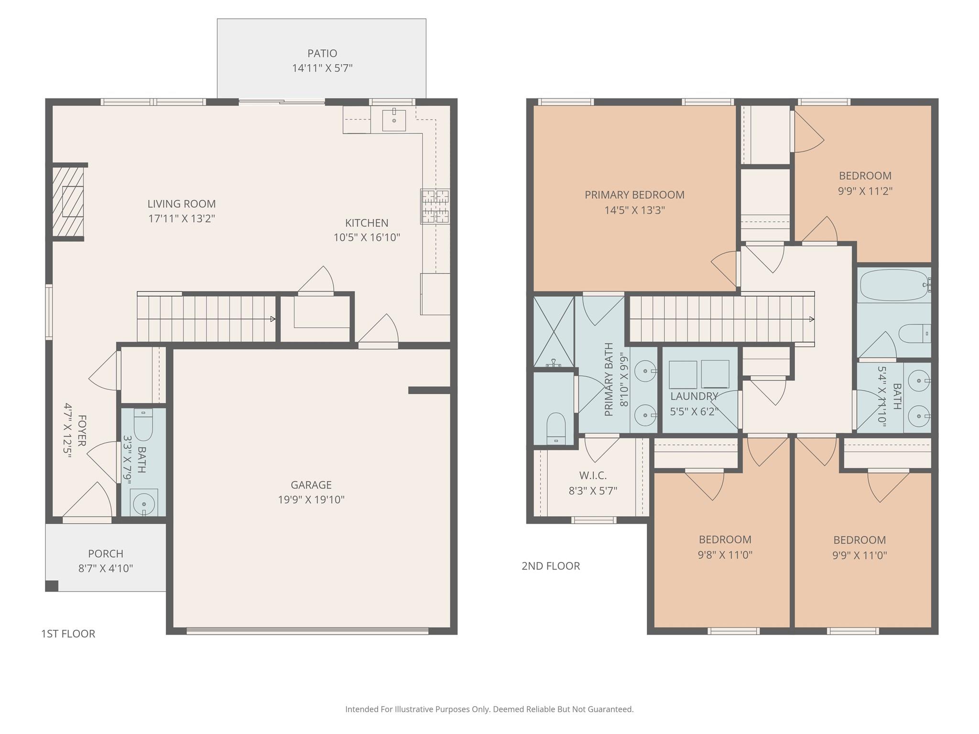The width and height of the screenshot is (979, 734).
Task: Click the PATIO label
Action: (322, 53)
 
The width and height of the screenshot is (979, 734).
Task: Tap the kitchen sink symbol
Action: (394, 120)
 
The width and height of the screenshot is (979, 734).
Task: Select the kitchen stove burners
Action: (435, 206)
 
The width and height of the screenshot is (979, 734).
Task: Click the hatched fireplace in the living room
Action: (68, 201)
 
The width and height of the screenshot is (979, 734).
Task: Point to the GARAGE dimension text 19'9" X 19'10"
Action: (311, 500)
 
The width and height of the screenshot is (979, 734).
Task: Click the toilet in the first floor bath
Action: (143, 425)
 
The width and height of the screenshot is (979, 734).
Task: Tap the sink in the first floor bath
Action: (143, 503)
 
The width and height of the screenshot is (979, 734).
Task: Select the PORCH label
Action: (106, 553)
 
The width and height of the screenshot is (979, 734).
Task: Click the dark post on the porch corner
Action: (52, 585)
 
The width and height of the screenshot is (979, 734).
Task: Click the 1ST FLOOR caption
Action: (68, 634)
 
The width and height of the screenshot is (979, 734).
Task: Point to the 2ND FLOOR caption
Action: (551, 566)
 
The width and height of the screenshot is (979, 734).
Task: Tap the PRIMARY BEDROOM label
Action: (634, 195)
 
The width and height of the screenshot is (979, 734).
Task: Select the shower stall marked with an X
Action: (554, 331)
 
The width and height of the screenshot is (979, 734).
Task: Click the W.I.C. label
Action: (593, 475)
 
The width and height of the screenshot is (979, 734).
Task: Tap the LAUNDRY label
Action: (694, 396)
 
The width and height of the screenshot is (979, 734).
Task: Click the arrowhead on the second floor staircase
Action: (811, 319)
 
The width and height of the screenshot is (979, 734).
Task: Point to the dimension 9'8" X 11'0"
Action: (725, 555)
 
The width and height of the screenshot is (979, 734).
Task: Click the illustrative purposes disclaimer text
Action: (489, 709)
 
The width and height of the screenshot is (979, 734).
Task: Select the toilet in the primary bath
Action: (556, 427)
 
